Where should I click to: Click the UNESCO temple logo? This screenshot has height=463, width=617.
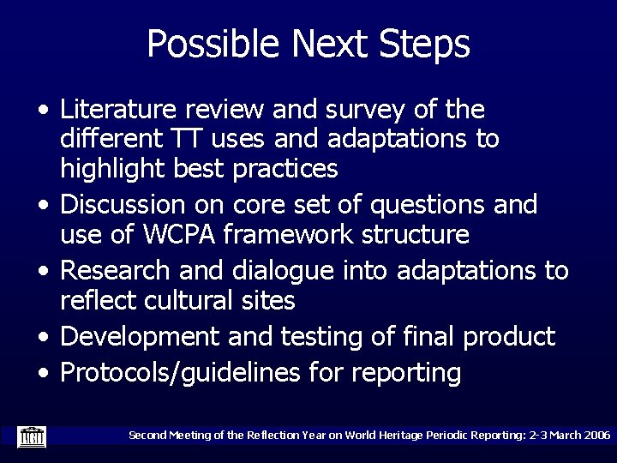point(31,436)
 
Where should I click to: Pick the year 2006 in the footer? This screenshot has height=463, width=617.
point(594,436)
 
